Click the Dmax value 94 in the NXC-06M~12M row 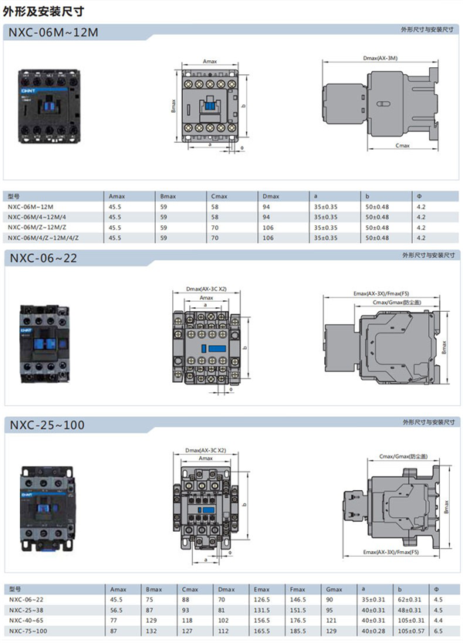click(266, 207)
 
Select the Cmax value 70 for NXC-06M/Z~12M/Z click(214, 228)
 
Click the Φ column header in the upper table click(421, 197)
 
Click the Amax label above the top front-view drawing click(209, 60)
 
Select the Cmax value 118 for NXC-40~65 click(188, 620)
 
